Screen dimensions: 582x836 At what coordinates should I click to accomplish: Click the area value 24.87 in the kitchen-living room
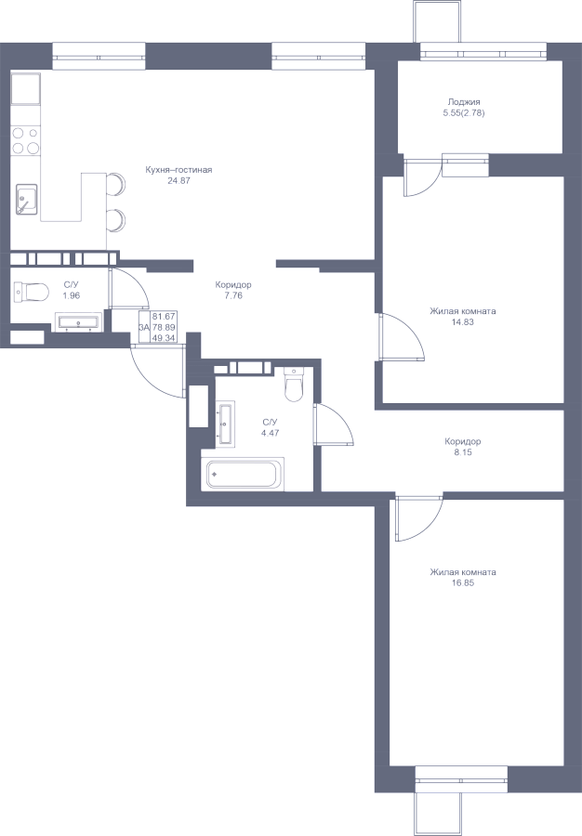179,181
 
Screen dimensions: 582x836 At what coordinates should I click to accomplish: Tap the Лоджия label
464,102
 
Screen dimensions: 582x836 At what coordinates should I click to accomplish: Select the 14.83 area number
462,322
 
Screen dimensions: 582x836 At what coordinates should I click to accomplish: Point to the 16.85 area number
462,583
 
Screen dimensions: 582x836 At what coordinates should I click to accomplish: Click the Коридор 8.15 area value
462,452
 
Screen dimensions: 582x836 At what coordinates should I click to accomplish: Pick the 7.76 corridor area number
233,295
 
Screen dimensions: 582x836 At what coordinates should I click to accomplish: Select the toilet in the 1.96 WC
32,293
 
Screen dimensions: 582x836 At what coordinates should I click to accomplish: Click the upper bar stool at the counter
116,184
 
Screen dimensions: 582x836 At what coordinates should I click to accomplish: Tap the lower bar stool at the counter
116,220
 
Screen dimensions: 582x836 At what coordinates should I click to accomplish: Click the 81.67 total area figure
164,316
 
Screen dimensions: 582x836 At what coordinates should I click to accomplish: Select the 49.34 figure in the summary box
164,338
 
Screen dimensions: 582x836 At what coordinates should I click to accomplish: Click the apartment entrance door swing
158,371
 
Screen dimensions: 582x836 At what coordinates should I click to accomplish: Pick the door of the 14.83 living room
400,337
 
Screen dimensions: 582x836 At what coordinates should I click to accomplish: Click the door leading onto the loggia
421,176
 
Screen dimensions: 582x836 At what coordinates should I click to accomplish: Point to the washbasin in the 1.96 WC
78,322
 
